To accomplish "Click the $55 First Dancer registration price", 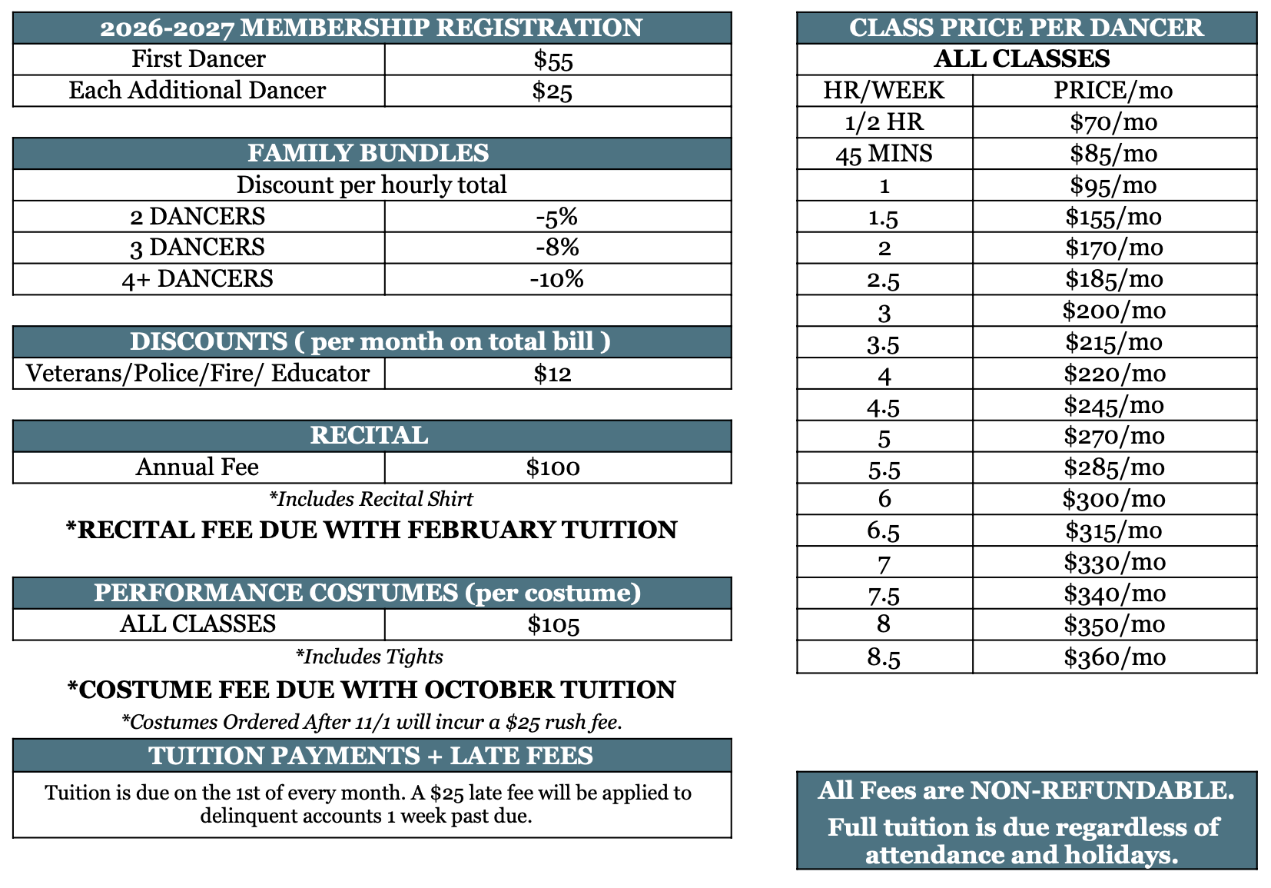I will [x=553, y=60].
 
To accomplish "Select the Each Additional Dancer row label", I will [x=197, y=91].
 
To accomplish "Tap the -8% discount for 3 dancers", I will [x=557, y=248].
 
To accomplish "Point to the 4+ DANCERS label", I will [x=197, y=279].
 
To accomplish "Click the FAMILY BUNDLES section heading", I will [x=368, y=153].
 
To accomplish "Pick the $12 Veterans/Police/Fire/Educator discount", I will [x=553, y=374].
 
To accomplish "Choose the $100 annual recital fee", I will [x=553, y=467].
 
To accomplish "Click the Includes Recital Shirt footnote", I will [x=371, y=499].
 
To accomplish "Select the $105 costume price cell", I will [x=553, y=624].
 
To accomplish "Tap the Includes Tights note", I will [x=370, y=657].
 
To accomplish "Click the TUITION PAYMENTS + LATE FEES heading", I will [x=371, y=756].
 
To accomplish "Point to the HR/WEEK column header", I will [x=884, y=91].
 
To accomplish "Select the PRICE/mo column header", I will [x=1113, y=91].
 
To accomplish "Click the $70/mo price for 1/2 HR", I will [x=1113, y=122].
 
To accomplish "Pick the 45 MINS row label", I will [x=884, y=154].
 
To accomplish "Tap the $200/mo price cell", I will [x=1114, y=311].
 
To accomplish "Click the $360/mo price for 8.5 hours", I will [x=1114, y=657].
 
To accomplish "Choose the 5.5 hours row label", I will [x=884, y=468].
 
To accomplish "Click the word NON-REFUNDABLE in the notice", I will [x=1102, y=790].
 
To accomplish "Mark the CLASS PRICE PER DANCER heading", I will [x=1026, y=28].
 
